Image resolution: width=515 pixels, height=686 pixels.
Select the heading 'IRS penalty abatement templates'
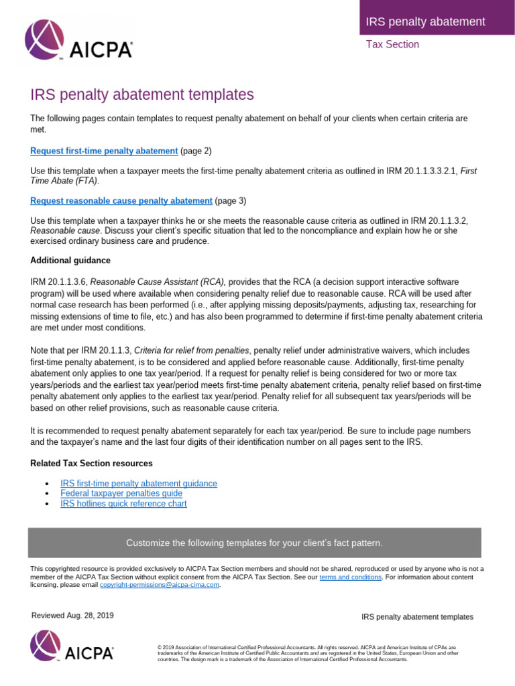tap(142, 94)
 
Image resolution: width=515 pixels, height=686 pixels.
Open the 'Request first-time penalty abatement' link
tap(104, 151)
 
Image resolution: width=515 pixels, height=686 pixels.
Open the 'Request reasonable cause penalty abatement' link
tap(121, 200)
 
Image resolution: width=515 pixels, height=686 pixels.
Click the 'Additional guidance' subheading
tap(70, 260)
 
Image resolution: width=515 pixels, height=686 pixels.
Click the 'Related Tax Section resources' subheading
tap(91, 463)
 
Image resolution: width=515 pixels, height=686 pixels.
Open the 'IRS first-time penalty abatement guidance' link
tap(138, 483)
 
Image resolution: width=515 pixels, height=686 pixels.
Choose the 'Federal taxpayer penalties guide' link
tap(121, 493)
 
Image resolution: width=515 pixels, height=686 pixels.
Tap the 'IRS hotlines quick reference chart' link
tap(123, 503)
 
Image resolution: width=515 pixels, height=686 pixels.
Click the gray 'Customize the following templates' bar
tap(254, 543)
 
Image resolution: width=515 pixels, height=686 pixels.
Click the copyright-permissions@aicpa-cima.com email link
tap(160, 584)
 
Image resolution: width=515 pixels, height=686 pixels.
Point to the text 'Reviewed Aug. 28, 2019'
tap(72, 616)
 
